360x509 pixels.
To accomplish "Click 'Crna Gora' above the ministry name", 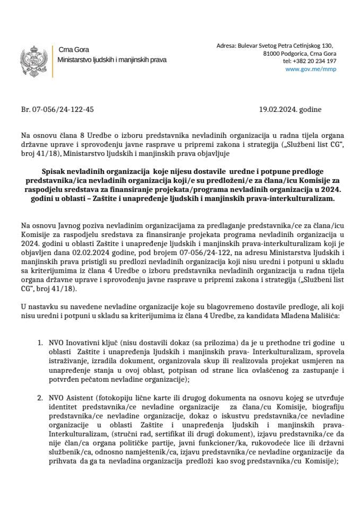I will (70, 50).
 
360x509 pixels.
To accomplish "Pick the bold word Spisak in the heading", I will (54, 172).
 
